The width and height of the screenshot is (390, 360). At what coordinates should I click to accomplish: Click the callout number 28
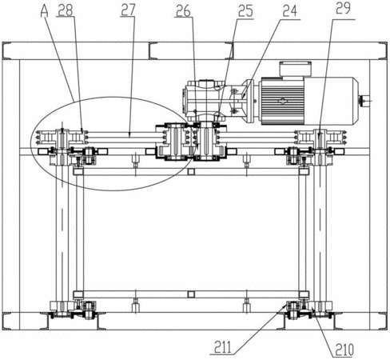pyautogui.click(x=66, y=10)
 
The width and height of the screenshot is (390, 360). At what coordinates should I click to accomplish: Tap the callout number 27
pyautogui.click(x=128, y=10)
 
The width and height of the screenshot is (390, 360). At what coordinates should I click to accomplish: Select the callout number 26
pyautogui.click(x=183, y=11)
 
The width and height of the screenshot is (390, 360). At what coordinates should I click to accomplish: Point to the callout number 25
pyautogui.click(x=245, y=12)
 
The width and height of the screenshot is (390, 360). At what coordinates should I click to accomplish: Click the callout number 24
pyautogui.click(x=289, y=12)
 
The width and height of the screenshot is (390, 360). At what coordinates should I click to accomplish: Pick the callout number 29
pyautogui.click(x=343, y=9)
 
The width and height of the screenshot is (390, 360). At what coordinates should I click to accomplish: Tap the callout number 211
pyautogui.click(x=223, y=347)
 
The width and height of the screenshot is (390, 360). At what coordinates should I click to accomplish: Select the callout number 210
pyautogui.click(x=344, y=350)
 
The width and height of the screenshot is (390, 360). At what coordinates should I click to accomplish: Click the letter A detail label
pyautogui.click(x=45, y=11)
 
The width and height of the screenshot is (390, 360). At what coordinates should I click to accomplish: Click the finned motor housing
pyautogui.click(x=282, y=101)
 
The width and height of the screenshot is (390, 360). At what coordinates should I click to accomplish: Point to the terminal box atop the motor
pyautogui.click(x=295, y=69)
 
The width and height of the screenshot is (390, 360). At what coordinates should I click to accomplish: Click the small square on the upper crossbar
pyautogui.click(x=190, y=171)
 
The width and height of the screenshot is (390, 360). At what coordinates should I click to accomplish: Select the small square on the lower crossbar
pyautogui.click(x=191, y=294)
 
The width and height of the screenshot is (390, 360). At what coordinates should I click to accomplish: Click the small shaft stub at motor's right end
pyautogui.click(x=365, y=100)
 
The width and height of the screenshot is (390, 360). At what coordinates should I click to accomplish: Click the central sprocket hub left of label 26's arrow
pyautogui.click(x=173, y=142)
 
